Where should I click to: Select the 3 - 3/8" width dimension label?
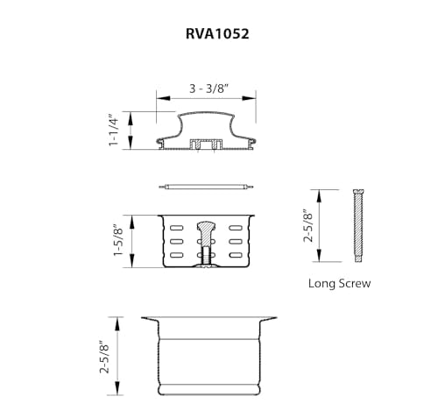click(207, 89)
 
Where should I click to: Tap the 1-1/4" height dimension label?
click(112, 131)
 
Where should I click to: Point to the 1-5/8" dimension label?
click(112, 242)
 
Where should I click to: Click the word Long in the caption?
click(322, 283)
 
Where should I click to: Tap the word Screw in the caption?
click(355, 283)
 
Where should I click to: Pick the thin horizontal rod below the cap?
click(206, 186)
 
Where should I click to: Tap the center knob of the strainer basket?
click(206, 230)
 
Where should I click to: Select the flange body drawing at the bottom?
click(206, 355)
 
